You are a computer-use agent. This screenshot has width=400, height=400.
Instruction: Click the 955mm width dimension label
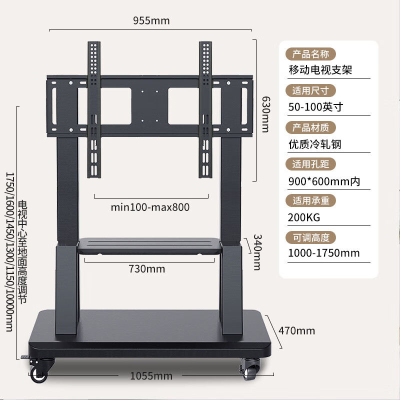click(x=151, y=20)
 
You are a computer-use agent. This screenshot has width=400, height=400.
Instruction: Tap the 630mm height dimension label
click(x=266, y=114)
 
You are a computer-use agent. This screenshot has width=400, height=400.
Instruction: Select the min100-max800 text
click(x=150, y=207)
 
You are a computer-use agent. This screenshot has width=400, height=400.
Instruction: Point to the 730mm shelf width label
click(x=146, y=269)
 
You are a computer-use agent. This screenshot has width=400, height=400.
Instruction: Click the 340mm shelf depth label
click(x=257, y=252)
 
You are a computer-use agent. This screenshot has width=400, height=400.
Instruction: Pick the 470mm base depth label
click(x=296, y=331)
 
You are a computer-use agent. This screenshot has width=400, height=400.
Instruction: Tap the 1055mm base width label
click(x=151, y=376)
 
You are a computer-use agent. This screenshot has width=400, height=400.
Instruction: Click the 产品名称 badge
click(x=310, y=54)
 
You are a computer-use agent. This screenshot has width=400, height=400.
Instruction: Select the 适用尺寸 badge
click(x=310, y=90)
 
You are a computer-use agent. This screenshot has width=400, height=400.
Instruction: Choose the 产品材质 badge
click(x=310, y=127)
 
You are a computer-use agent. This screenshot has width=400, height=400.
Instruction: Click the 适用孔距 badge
click(x=310, y=164)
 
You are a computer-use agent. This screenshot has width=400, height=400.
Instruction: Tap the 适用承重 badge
click(x=310, y=200)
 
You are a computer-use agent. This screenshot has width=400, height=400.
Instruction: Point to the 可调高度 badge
click(x=310, y=238)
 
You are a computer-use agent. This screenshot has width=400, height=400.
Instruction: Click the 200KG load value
click(x=304, y=217)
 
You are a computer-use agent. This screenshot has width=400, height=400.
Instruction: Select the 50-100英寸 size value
click(x=316, y=107)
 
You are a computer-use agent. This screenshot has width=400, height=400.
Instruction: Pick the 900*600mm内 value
click(x=324, y=181)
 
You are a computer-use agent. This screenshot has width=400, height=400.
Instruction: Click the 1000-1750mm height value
click(x=323, y=253)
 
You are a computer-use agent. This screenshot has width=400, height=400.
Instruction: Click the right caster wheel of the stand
click(x=250, y=369)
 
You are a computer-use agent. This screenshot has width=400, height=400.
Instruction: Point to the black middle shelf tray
click(x=149, y=246)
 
